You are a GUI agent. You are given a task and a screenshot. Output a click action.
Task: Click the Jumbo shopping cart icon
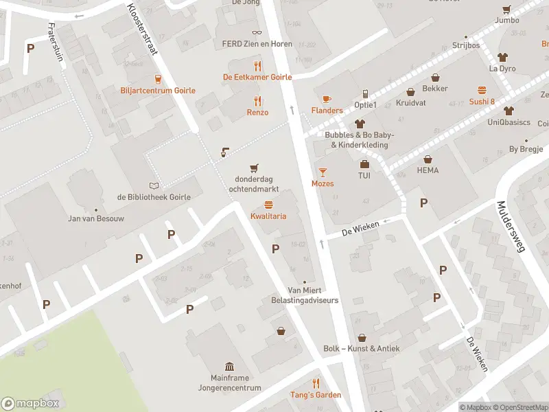click(506, 10)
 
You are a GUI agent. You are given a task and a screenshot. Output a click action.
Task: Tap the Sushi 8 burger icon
click(482, 90)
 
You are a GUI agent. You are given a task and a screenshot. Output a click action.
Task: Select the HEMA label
click(428, 170)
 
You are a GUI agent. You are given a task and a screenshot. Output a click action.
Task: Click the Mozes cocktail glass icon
click(323, 172)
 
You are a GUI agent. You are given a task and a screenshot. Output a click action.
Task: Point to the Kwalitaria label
click(268, 216)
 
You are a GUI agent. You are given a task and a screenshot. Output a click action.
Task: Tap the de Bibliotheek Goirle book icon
click(154, 185)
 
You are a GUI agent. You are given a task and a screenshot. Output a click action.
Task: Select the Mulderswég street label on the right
click(511, 227)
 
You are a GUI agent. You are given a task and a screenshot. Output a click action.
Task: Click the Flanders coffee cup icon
click(327, 98)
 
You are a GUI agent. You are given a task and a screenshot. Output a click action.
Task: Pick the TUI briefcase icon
click(364, 164)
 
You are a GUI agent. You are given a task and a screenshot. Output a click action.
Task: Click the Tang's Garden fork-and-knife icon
click(316, 383)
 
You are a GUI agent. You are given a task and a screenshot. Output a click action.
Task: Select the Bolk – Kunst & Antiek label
click(362, 349)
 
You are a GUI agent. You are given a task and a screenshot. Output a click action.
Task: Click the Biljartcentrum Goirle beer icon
click(158, 79)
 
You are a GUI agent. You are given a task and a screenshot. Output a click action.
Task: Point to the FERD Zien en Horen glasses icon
click(257, 32)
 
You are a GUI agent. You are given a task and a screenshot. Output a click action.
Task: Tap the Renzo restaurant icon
click(257, 100)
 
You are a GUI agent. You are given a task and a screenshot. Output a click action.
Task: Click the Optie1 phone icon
click(365, 93)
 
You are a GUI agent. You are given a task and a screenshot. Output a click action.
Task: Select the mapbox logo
click(31, 404)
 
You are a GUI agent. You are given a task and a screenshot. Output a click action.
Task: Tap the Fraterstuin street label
click(56, 42)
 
